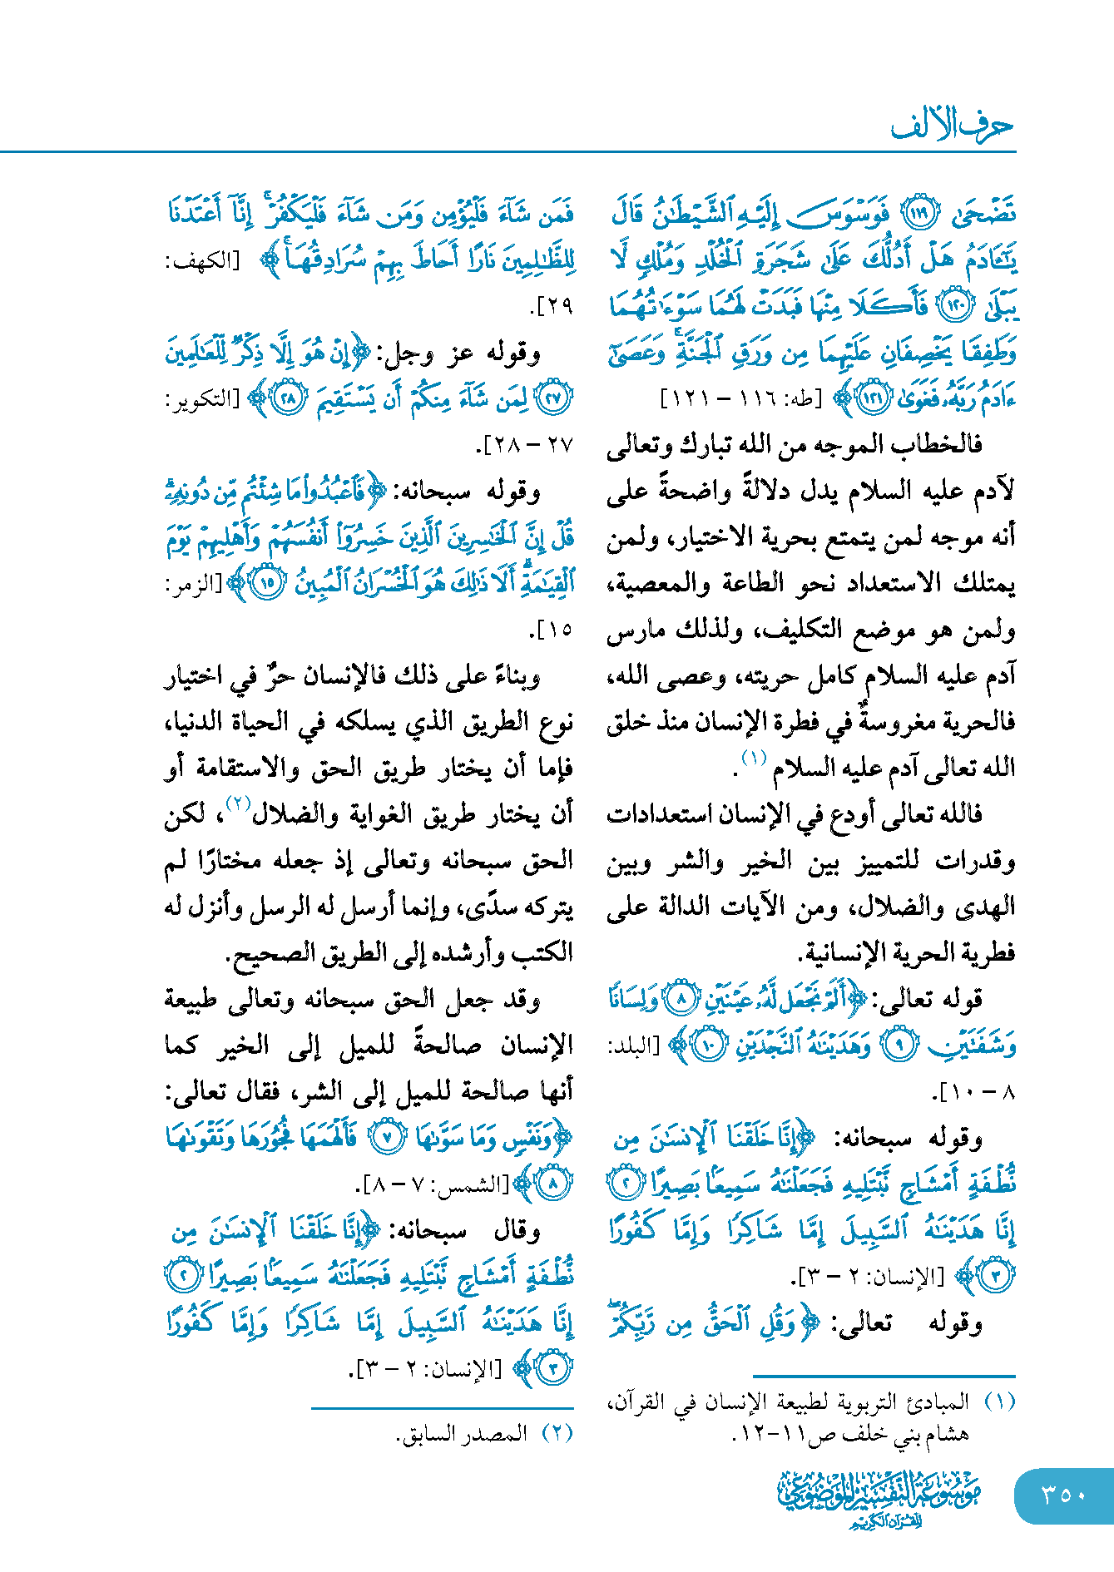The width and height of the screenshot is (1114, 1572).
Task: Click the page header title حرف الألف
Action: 952,126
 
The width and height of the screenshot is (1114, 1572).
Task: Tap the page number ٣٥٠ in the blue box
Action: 1063,1495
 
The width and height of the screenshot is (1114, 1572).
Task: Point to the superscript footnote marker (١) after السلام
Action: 754,758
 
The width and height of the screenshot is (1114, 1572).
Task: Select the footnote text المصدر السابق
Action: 463,1433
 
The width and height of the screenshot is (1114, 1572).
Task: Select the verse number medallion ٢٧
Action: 553,398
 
